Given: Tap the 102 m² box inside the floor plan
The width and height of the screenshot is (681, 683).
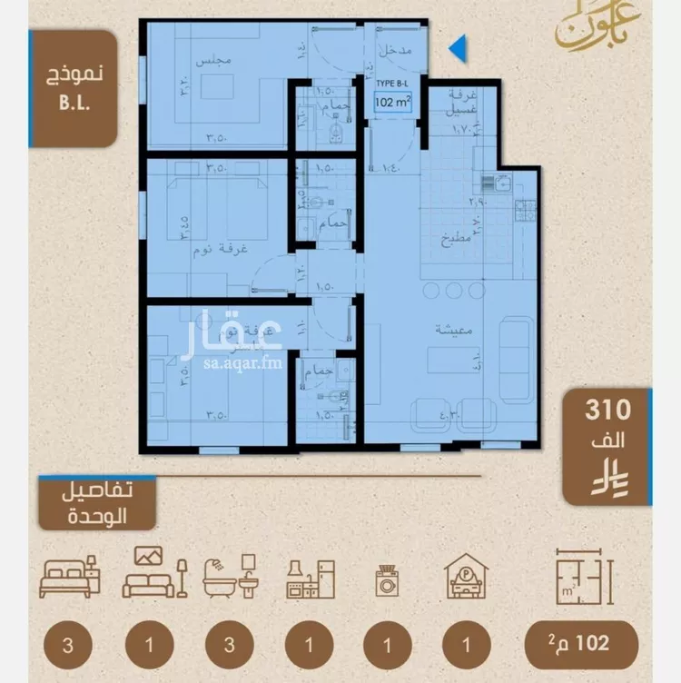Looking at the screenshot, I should tap(393, 103).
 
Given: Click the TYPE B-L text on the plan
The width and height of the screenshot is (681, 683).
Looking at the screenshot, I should tap(393, 83).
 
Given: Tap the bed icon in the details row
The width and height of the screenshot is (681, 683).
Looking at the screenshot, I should tap(70, 574).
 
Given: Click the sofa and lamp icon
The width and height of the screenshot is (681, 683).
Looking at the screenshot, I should tap(154, 572).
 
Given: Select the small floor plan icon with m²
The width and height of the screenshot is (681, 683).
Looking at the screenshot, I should tap(581, 574).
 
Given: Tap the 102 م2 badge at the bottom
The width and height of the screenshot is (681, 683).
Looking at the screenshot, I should tap(581, 645).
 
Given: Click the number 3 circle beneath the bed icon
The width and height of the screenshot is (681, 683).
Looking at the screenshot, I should tap(70, 646).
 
